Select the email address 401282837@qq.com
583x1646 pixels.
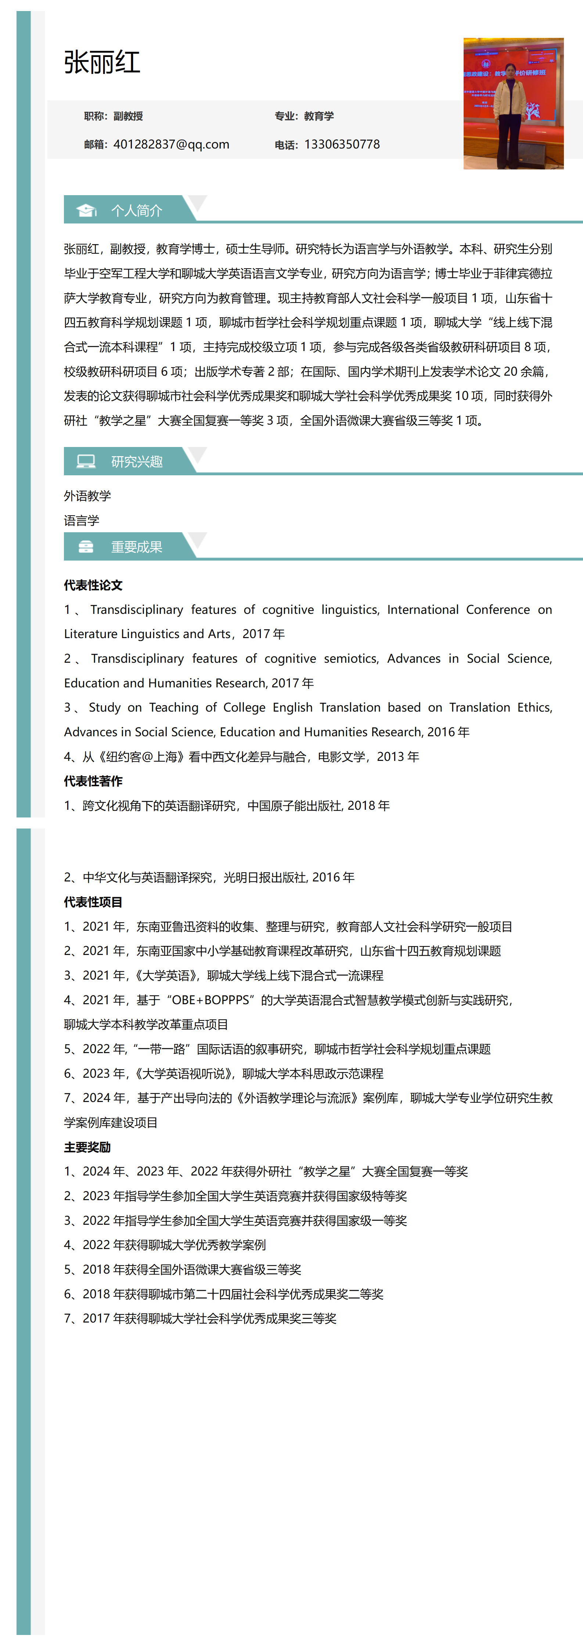(171, 144)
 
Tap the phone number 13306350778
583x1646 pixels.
(342, 144)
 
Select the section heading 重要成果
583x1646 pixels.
(137, 547)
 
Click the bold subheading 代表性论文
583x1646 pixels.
(93, 585)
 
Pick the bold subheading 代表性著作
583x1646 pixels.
(93, 781)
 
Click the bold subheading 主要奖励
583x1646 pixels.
(87, 1147)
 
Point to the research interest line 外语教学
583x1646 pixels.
(87, 496)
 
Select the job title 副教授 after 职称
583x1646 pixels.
(128, 116)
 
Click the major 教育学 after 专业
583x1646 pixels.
(319, 116)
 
